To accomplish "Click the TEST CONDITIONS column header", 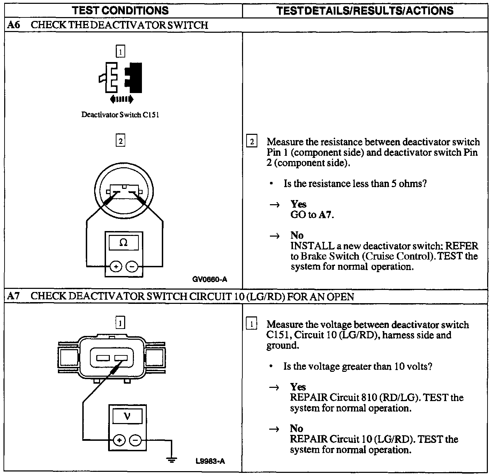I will coord(120,10).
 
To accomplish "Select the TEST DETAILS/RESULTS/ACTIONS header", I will coord(365,10).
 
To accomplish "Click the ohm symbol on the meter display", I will coord(123,243).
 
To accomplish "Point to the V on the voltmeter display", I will coord(127,416).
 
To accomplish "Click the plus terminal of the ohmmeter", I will coord(116,267).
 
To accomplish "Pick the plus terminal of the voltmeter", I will coord(119,440).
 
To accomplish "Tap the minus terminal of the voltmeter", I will coord(135,440).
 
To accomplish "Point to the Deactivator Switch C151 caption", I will coord(120,115).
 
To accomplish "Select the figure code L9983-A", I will coord(210,461).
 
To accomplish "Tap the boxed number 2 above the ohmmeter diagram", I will coord(120,141).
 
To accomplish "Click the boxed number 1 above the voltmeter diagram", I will coord(120,323).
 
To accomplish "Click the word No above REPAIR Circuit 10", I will coord(296,428).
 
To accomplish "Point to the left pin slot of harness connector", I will coord(103,358).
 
